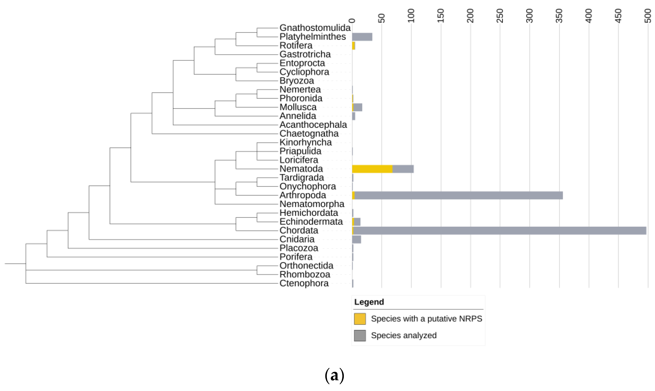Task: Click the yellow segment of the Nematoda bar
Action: pyautogui.click(x=372, y=169)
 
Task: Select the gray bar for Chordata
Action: pyautogui.click(x=499, y=231)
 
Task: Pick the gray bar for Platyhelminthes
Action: pyautogui.click(x=362, y=37)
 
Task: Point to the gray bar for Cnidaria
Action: pyautogui.click(x=356, y=239)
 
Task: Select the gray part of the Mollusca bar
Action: pyautogui.click(x=358, y=107)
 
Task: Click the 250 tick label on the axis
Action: pyautogui.click(x=500, y=16)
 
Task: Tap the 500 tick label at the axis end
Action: pyautogui.click(x=648, y=16)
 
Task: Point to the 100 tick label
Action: pyautogui.click(x=411, y=16)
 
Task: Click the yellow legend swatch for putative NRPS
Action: pyautogui.click(x=360, y=319)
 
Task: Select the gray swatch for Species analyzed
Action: pyautogui.click(x=360, y=336)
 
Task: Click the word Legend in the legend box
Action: pyautogui.click(x=369, y=302)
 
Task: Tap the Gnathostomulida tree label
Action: pyautogui.click(x=315, y=28)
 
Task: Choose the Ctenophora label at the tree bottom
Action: pyautogui.click(x=304, y=284)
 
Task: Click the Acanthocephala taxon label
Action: pyautogui.click(x=313, y=125)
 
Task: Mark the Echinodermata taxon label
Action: pyautogui.click(x=311, y=222)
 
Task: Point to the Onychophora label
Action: pyautogui.click(x=308, y=187)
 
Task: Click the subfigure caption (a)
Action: pyautogui.click(x=334, y=375)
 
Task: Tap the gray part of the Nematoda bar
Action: pyautogui.click(x=403, y=169)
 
